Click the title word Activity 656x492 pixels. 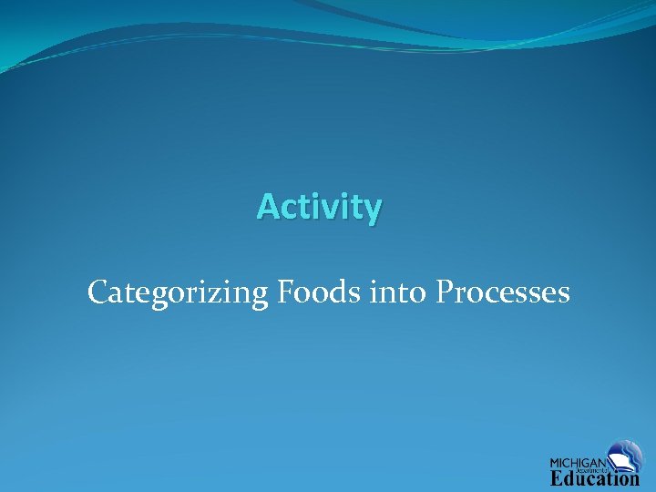point(319,208)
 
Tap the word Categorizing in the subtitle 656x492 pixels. point(177,293)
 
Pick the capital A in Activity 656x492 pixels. point(267,207)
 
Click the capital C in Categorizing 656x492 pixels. point(98,292)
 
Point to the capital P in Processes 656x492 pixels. point(445,292)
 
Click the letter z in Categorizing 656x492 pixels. point(217,294)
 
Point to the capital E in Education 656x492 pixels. point(557,478)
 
